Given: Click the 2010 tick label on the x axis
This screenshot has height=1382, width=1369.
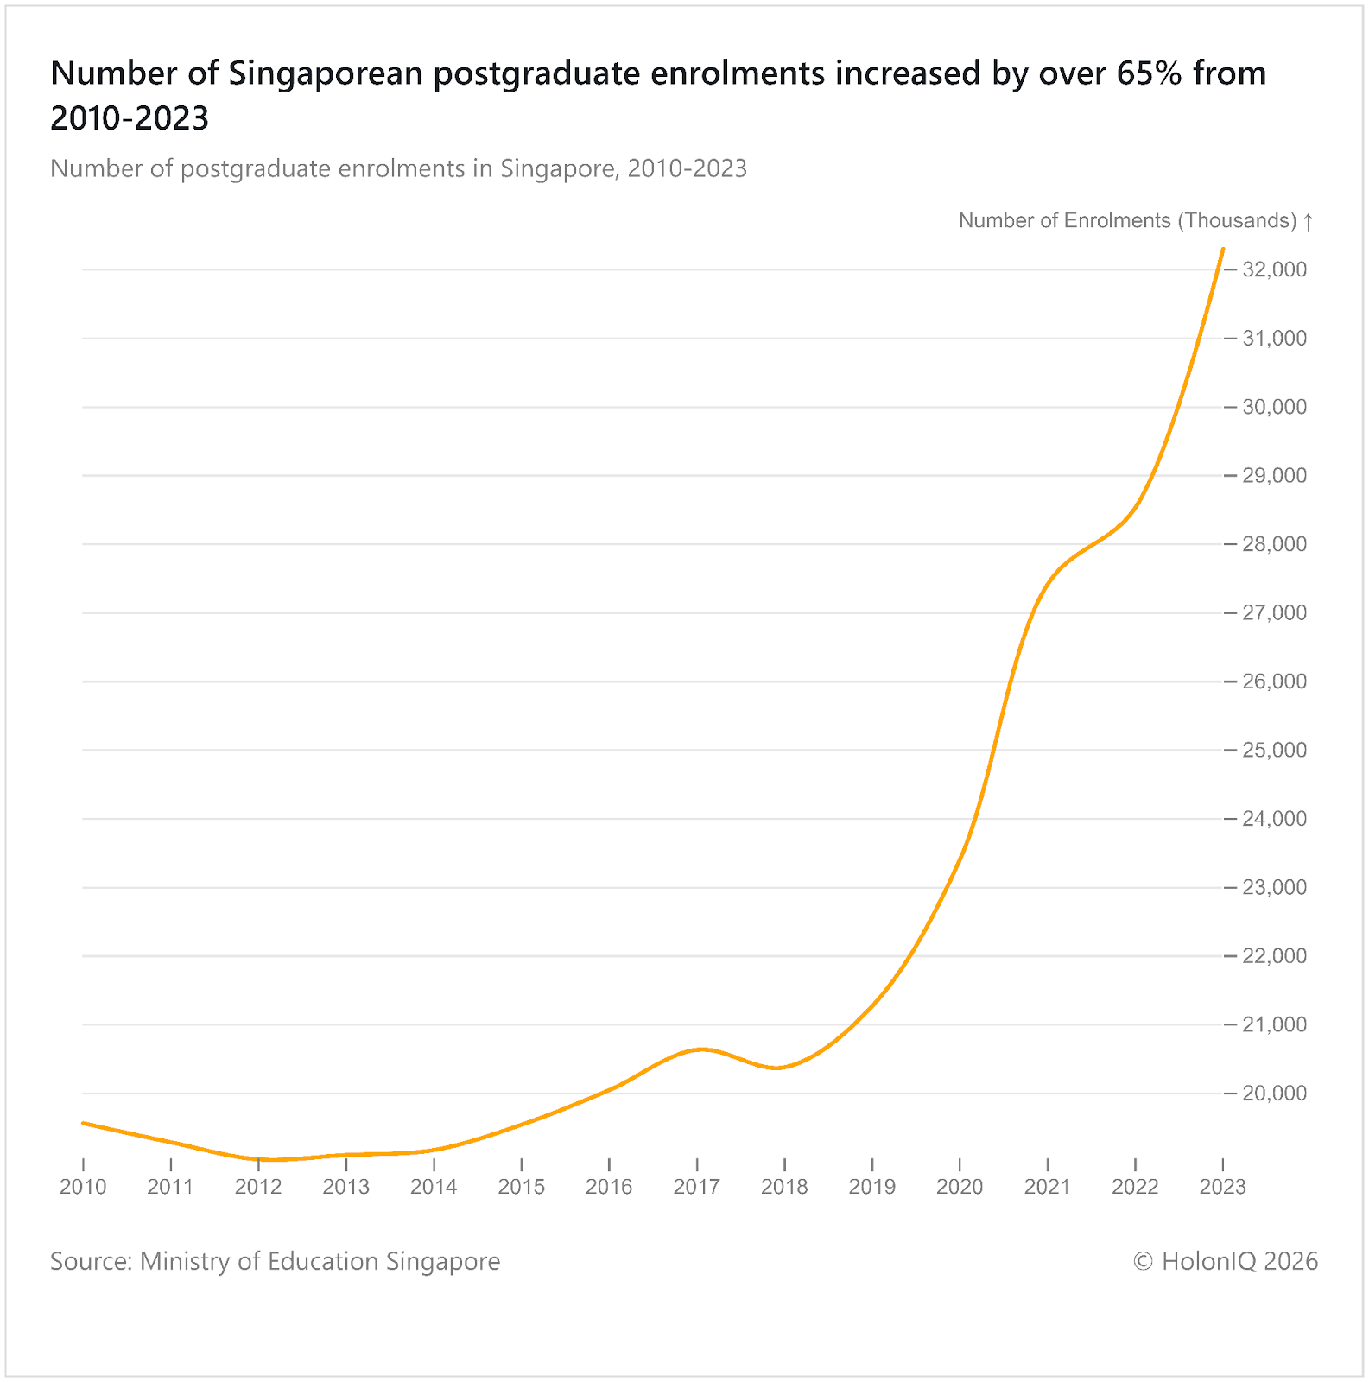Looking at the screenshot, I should pyautogui.click(x=83, y=1187).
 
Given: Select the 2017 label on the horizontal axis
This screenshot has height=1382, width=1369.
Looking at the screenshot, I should pyautogui.click(x=696, y=1187).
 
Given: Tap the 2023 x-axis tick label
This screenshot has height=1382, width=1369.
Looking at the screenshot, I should pyautogui.click(x=1222, y=1187).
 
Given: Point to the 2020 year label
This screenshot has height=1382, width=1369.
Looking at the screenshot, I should pyautogui.click(x=960, y=1187).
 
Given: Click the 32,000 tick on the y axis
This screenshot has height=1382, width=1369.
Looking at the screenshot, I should pyautogui.click(x=1274, y=269).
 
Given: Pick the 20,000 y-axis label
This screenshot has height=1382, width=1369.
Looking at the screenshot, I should pyautogui.click(x=1274, y=1094).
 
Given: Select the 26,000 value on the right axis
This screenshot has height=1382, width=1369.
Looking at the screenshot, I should pyautogui.click(x=1274, y=681).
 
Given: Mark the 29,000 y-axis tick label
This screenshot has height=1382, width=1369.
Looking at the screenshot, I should pyautogui.click(x=1274, y=475).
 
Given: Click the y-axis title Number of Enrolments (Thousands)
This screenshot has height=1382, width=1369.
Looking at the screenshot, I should pyautogui.click(x=1127, y=220).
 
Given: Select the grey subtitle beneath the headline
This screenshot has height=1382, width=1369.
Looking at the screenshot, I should pyautogui.click(x=398, y=168).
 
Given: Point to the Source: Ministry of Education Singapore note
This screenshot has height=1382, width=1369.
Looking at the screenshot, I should pyautogui.click(x=275, y=1261).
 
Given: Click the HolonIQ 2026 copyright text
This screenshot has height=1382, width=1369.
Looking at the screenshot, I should pyautogui.click(x=1225, y=1261).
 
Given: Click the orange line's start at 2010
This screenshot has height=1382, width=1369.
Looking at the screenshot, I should pyautogui.click(x=84, y=1123).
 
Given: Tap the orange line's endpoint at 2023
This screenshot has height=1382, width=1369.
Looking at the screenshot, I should pyautogui.click(x=1222, y=250).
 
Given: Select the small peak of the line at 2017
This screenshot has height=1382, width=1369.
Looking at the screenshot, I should pyautogui.click(x=701, y=1049).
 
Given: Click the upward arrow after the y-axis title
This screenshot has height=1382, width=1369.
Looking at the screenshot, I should pyautogui.click(x=1308, y=221).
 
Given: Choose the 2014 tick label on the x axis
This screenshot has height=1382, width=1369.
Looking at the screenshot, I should pyautogui.click(x=434, y=1187).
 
